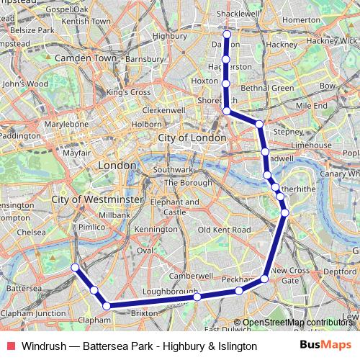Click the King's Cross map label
click(128, 92)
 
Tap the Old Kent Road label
click(224, 229)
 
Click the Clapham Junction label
click(34, 313)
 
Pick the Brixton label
click(144, 313)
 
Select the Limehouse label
click(311, 145)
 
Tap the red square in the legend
click(9, 346)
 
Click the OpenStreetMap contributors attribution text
click(297, 323)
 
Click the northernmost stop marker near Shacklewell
click(227, 34)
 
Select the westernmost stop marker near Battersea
click(74, 268)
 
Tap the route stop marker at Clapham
click(107, 306)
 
